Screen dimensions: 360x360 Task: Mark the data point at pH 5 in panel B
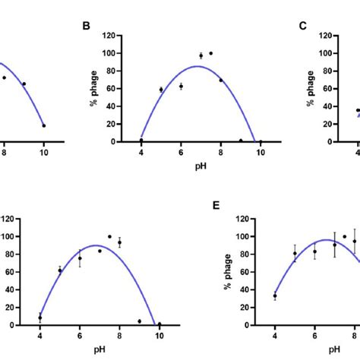click(x=161, y=90)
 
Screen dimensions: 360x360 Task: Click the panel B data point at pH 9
click(x=241, y=141)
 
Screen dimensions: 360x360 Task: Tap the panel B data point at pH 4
click(x=141, y=140)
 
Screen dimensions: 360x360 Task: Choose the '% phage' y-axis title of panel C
click(x=311, y=89)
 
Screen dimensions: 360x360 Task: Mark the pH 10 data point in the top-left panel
click(x=43, y=125)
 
